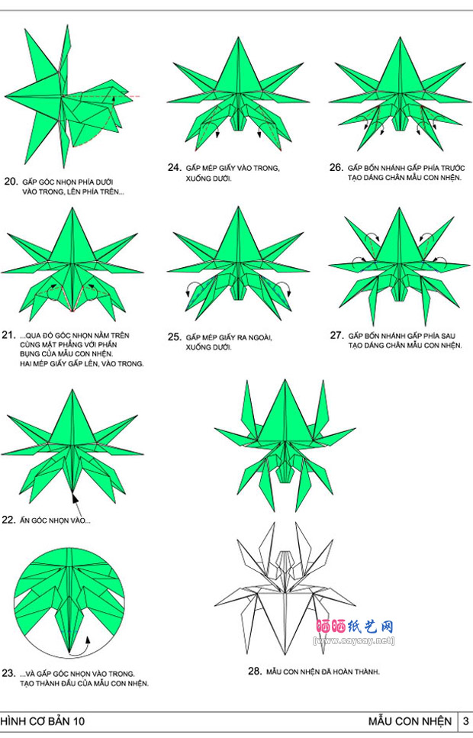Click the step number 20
click(x=11, y=182)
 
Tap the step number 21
click(x=9, y=334)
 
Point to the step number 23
click(x=9, y=673)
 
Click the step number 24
click(x=175, y=167)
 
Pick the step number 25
click(x=175, y=337)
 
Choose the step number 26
click(x=336, y=167)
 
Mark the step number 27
click(x=336, y=335)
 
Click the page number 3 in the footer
click(x=465, y=720)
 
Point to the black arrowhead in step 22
click(x=75, y=498)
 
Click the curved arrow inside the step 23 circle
click(x=83, y=643)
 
